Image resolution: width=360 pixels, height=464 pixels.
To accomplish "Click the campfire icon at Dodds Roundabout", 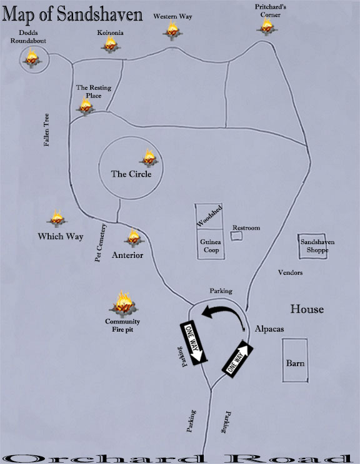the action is [x=32, y=58].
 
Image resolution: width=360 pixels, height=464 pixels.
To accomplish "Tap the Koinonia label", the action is [x=110, y=32].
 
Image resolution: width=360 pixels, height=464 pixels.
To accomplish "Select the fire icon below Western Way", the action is [x=172, y=30].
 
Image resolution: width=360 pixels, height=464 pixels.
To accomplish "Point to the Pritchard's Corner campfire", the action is [x=267, y=26].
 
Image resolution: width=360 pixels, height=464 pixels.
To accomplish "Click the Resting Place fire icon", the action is [x=85, y=107].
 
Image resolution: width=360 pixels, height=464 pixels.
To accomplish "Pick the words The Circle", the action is [x=131, y=174].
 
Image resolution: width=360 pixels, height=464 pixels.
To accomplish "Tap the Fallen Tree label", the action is [x=46, y=130].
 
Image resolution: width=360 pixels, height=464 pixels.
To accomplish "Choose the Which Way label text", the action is [x=61, y=236].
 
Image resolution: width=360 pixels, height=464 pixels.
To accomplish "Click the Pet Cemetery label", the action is [x=100, y=243].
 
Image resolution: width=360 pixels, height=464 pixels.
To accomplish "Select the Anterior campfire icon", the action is [x=134, y=238].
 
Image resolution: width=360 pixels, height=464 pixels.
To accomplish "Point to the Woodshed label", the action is [x=209, y=216].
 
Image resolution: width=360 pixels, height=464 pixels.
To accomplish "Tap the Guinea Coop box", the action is [x=211, y=244].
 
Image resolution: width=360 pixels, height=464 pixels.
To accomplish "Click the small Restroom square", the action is [x=236, y=236].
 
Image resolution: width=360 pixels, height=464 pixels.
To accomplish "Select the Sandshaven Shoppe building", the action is [x=312, y=246].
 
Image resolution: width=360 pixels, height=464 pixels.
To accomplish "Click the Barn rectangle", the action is [x=295, y=360].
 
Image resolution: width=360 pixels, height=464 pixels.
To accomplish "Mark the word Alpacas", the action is [x=269, y=328].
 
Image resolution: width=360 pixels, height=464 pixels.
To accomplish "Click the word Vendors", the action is [x=290, y=272].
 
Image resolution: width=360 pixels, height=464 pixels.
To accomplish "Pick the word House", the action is [x=307, y=309].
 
